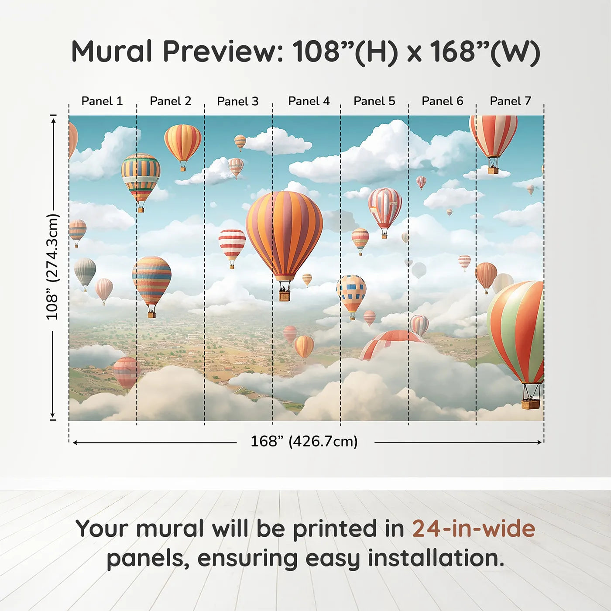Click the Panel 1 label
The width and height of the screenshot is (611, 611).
102,101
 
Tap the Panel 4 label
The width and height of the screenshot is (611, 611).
309,101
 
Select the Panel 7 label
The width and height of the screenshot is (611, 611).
510,101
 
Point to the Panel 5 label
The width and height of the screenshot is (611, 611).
374,101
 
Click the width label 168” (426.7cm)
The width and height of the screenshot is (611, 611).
304,442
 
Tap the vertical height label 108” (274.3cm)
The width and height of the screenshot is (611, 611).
52,267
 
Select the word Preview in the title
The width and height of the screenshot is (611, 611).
223,51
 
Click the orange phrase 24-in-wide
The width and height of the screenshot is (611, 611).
474,529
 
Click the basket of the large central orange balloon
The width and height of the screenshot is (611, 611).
285,295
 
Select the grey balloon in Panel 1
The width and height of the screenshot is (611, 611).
85,271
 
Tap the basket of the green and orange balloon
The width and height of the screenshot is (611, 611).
530,404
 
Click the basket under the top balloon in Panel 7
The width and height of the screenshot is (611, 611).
493,170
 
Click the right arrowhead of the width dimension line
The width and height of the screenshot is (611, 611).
540,442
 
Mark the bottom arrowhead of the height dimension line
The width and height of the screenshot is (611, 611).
53,415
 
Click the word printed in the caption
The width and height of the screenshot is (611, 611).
334,529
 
